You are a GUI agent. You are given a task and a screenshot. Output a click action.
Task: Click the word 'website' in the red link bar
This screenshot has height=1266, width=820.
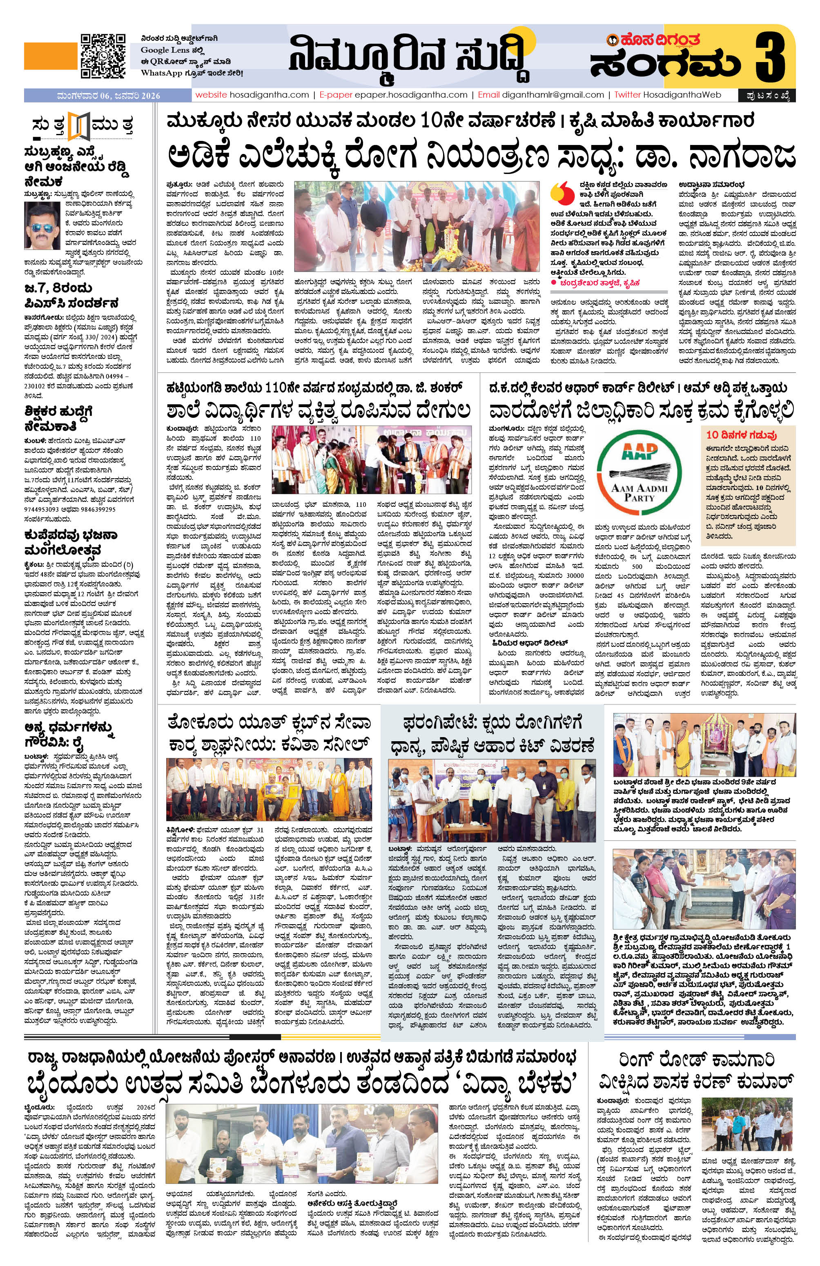pyautogui.click(x=211, y=95)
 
